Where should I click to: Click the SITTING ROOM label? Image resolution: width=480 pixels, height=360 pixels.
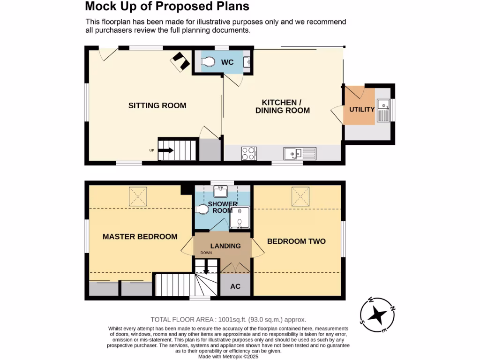point(157,105)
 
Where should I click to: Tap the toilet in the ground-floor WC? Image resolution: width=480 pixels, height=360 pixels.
point(207,62)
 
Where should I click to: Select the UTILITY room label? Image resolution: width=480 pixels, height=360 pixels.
point(362,110)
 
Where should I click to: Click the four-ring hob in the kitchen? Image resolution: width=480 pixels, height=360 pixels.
point(249,153)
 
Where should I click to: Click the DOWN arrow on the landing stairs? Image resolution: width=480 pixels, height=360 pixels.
point(206,270)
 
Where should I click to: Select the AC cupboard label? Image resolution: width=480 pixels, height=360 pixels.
point(235,286)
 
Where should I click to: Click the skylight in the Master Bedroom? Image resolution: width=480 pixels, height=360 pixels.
point(138,195)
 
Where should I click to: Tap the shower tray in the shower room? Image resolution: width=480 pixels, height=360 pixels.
point(240,217)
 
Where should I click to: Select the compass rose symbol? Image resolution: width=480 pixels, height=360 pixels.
point(377,315)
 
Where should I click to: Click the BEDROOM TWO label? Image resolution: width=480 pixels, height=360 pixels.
point(296,241)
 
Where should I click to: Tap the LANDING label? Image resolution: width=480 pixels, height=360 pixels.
point(225,246)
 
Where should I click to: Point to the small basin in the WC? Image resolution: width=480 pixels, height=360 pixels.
point(247,61)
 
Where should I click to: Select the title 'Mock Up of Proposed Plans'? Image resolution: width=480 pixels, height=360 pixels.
point(166,7)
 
